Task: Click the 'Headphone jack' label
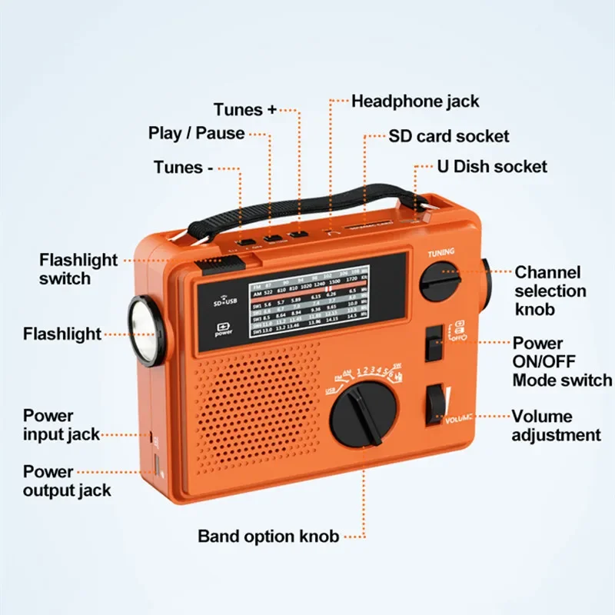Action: [x=415, y=101]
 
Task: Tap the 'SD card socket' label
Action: [x=449, y=136]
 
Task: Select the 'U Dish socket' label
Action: [x=492, y=166]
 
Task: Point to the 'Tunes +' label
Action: [x=244, y=110]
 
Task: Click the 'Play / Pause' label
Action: [x=196, y=133]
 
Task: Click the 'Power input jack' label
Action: [x=61, y=424]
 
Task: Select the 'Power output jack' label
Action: [x=67, y=480]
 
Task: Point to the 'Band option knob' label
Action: [x=268, y=536]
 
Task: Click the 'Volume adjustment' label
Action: [x=557, y=425]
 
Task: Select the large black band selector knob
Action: [x=364, y=414]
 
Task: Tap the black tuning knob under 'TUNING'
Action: [x=442, y=280]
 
